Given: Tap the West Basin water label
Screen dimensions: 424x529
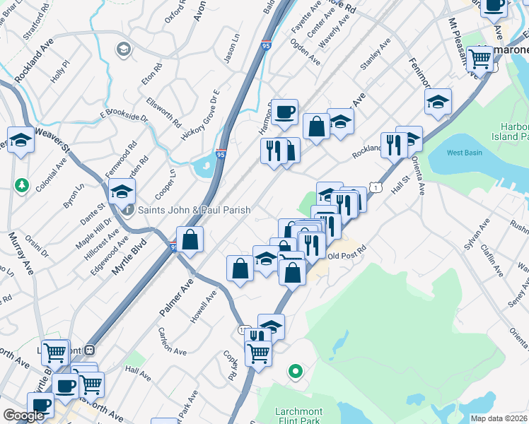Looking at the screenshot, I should (465, 153).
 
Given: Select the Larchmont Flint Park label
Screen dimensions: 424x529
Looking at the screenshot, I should (298, 416).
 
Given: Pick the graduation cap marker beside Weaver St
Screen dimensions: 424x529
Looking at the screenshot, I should (21, 141).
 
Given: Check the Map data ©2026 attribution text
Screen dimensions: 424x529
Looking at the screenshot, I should (499, 418).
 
